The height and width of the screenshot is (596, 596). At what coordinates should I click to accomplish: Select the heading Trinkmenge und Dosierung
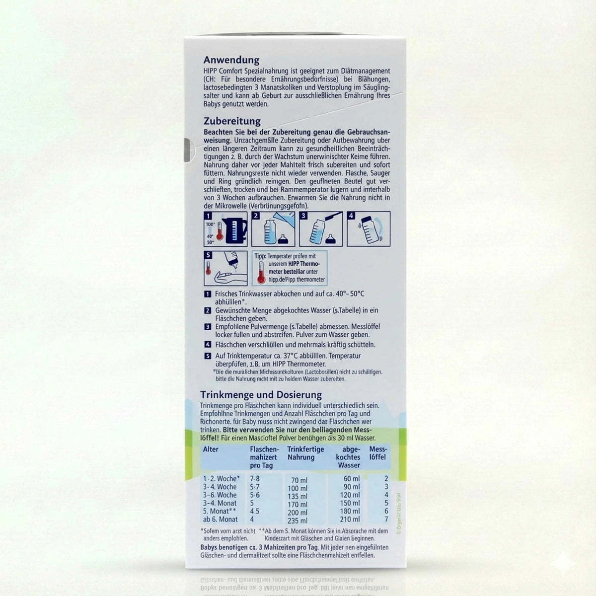[x=261, y=395]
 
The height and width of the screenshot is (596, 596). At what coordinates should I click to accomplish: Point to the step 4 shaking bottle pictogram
[x=369, y=229]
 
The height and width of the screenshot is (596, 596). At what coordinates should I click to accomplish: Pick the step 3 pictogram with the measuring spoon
[x=321, y=229]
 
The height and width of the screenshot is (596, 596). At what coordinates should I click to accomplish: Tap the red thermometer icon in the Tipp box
[x=261, y=273]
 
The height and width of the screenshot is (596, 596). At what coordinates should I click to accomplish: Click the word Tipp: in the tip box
[x=261, y=256]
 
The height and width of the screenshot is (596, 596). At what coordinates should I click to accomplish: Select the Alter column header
[x=210, y=449]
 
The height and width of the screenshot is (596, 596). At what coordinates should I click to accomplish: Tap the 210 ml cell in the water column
[x=350, y=520]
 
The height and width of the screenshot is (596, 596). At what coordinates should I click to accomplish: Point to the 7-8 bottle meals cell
[x=255, y=479]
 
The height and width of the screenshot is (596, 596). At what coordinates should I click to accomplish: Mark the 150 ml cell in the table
[x=350, y=503]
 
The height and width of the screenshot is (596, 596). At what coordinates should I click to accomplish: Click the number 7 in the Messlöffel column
[x=385, y=520]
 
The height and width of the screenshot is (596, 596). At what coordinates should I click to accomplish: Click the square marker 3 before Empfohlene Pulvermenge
[x=208, y=327]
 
